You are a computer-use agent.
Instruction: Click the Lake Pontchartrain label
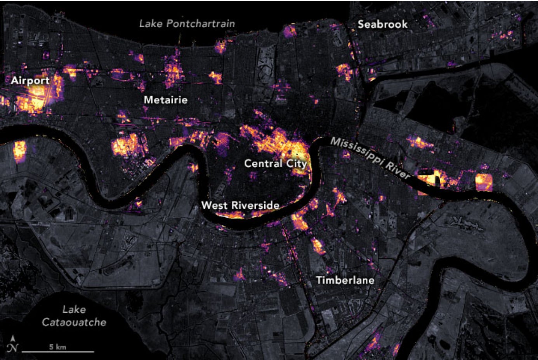[x=187, y=24]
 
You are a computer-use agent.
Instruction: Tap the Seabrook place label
[x=382, y=24]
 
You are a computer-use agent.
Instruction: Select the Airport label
[x=30, y=81]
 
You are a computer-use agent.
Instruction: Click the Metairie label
[x=166, y=100]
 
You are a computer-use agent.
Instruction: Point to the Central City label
[x=275, y=163]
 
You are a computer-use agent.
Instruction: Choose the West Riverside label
[x=240, y=205]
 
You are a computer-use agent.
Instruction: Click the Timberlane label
[x=345, y=280]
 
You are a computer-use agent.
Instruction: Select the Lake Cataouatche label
[x=74, y=316]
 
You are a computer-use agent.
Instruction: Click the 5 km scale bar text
[x=57, y=347]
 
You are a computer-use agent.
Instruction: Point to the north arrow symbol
[x=14, y=344]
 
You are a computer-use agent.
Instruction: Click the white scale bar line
[x=58, y=352]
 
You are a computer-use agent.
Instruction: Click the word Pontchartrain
[x=200, y=24]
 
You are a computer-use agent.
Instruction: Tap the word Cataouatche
[x=74, y=322]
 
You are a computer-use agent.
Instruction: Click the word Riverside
[x=254, y=205]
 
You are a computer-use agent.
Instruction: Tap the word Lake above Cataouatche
[x=74, y=310]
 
